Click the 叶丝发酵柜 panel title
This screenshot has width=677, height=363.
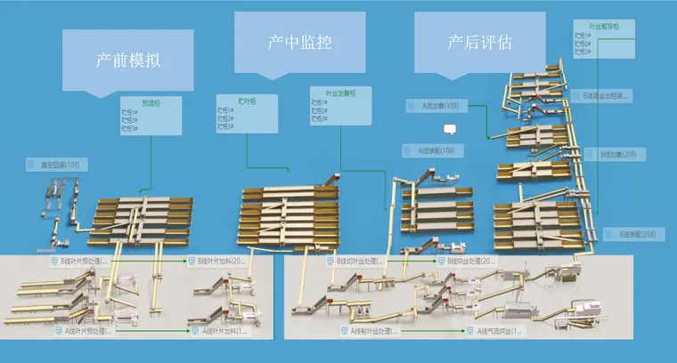coord(333,92)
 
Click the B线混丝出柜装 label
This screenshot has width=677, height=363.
coord(605,94)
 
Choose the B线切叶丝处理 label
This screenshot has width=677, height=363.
coord(361,262)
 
